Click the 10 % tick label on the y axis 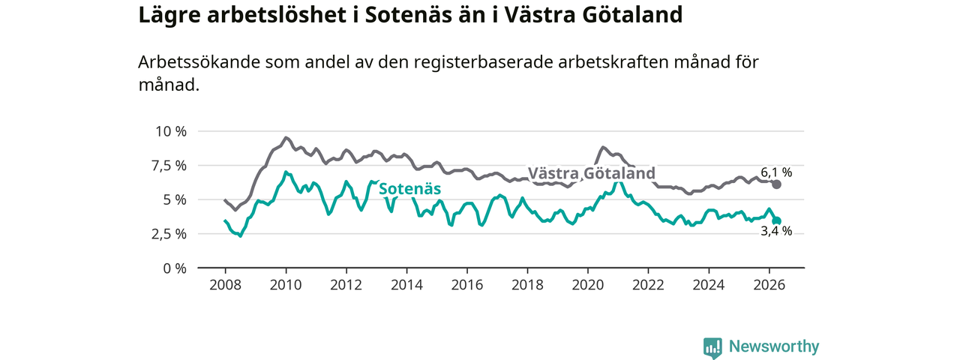click(171, 131)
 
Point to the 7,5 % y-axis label click(169, 166)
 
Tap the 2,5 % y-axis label click(169, 235)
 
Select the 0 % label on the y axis click(175, 268)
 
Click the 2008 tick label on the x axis click(226, 285)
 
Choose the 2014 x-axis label click(406, 285)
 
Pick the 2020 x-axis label click(588, 285)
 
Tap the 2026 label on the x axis click(769, 285)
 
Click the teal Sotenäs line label click(409, 189)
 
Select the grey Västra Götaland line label click(592, 173)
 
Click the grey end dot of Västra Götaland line click(776, 184)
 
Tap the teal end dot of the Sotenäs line click(776, 221)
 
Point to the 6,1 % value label click(776, 172)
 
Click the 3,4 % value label click(776, 232)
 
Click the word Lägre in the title click(169, 16)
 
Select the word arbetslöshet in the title click(283, 14)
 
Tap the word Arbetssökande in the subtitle click(199, 62)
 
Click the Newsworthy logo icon click(712, 347)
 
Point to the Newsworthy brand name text click(774, 346)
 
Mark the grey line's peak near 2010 click(286, 137)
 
